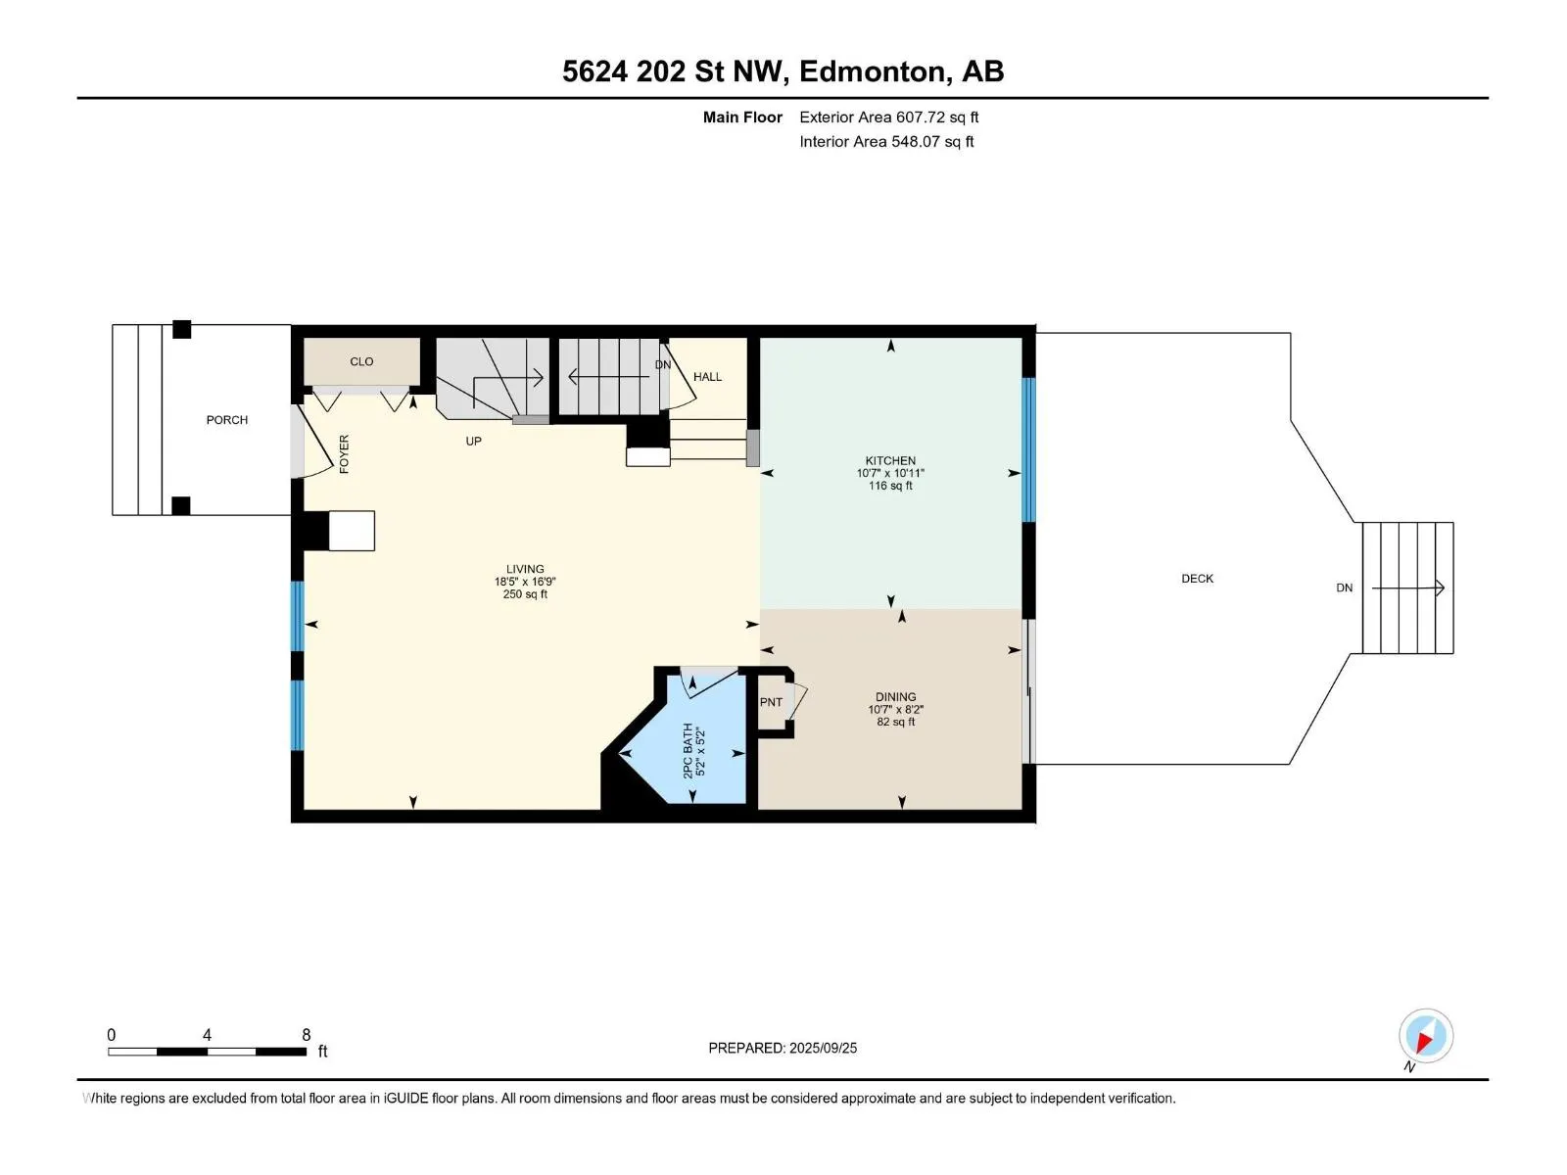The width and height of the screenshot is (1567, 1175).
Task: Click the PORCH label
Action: pyautogui.click(x=227, y=420)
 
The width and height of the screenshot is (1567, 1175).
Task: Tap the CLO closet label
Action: pyautogui.click(x=361, y=361)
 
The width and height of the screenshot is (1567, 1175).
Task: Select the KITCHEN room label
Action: pyautogui.click(x=890, y=461)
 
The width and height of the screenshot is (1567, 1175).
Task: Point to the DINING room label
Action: pyautogui.click(x=896, y=697)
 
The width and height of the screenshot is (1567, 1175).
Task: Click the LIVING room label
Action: pyautogui.click(x=525, y=569)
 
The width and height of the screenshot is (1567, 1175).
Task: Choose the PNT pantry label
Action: pyautogui.click(x=771, y=702)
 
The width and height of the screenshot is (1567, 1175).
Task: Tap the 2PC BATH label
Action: pyautogui.click(x=688, y=751)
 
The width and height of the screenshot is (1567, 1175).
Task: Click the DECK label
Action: pyautogui.click(x=1197, y=579)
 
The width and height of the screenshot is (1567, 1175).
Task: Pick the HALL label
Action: pyautogui.click(x=707, y=377)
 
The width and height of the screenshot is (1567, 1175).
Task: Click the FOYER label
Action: pyautogui.click(x=344, y=454)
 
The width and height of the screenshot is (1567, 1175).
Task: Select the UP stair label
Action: pyautogui.click(x=473, y=441)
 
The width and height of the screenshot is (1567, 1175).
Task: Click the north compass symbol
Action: pyautogui.click(x=1426, y=1037)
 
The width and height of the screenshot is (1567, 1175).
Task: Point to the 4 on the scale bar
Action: pyautogui.click(x=207, y=1034)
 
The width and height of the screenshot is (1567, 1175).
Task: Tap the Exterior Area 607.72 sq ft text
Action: pyautogui.click(x=889, y=117)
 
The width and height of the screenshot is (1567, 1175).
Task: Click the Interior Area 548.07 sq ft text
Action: pyautogui.click(x=886, y=141)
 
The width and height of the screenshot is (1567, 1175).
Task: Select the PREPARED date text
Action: pyautogui.click(x=783, y=1048)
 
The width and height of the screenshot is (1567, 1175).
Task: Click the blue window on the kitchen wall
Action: pyautogui.click(x=1028, y=450)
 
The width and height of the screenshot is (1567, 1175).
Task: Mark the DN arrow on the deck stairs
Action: pyautogui.click(x=1408, y=587)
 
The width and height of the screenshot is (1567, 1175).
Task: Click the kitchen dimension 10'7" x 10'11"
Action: pyautogui.click(x=890, y=473)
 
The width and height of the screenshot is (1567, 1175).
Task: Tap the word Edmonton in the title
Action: pyautogui.click(x=876, y=71)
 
